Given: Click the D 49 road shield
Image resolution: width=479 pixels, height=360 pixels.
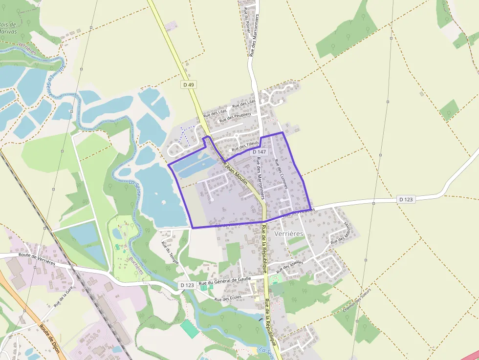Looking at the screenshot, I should [x=188, y=85].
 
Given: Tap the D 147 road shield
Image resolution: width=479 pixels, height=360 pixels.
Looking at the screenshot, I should [x=259, y=152].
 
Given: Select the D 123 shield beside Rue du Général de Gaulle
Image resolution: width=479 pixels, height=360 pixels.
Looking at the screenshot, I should [x=187, y=285].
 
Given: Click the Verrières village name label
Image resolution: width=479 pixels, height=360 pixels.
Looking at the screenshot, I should [x=289, y=234].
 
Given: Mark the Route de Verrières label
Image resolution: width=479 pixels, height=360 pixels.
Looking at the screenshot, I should [x=37, y=257].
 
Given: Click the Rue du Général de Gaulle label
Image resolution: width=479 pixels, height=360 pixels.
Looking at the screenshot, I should [x=225, y=279].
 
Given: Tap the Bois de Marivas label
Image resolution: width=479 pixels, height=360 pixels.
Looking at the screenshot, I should [x=9, y=28].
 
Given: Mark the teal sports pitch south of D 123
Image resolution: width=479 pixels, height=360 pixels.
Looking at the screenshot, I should [x=190, y=329].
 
